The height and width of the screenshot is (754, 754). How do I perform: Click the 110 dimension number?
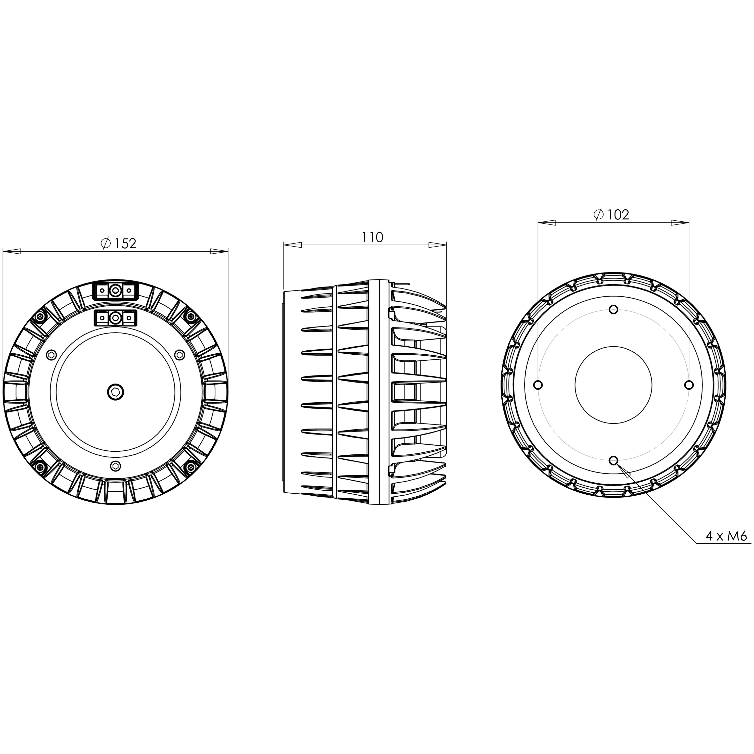(x=372, y=237)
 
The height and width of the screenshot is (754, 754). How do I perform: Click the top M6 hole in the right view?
(x=614, y=309)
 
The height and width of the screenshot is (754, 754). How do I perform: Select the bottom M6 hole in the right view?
(x=614, y=460)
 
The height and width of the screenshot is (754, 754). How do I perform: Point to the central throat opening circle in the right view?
(x=614, y=385)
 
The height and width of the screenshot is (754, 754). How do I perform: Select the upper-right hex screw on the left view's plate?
(x=179, y=354)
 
